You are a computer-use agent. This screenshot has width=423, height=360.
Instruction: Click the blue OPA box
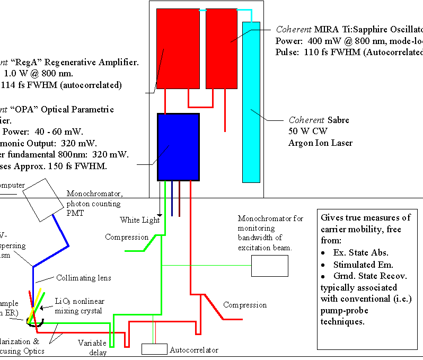coord(178,147)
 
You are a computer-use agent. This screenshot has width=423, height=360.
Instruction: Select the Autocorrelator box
coord(154,349)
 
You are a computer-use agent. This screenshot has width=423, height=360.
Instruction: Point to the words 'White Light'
coord(139,219)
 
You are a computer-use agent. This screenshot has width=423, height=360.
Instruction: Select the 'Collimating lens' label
coord(84,278)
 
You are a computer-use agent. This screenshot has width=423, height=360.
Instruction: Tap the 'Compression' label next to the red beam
coord(245,305)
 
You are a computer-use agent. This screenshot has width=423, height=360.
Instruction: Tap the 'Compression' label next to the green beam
coord(127,237)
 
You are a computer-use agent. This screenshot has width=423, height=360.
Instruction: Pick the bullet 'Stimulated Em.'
coord(358,265)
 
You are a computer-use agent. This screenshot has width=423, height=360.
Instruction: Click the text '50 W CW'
coord(305,131)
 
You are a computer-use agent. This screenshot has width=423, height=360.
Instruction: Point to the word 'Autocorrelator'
coord(194,350)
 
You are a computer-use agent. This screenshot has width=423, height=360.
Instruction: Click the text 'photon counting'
coord(93,204)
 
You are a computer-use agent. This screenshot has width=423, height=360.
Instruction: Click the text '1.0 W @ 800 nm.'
coord(39,74)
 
